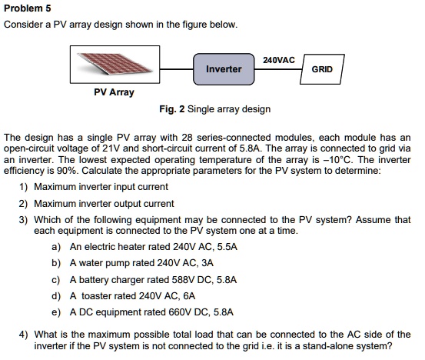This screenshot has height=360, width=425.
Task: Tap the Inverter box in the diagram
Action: (224, 69)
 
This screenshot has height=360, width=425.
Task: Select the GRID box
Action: (322, 69)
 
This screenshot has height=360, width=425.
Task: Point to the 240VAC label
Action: (279, 59)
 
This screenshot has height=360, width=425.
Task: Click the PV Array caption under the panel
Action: (114, 92)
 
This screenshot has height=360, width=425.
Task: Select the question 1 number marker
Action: (23, 187)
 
